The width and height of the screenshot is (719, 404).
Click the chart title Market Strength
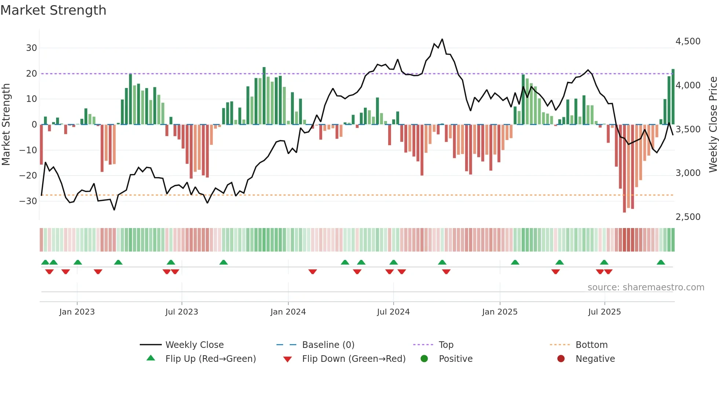tap(53, 10)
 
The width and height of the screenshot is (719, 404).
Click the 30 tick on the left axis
tap(32, 48)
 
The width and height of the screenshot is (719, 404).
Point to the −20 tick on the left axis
tap(28, 176)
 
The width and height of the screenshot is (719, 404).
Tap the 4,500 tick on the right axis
tap(688, 41)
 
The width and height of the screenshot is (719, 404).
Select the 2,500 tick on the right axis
tap(688, 217)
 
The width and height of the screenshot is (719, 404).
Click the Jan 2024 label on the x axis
tap(288, 312)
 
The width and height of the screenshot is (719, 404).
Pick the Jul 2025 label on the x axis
tap(604, 312)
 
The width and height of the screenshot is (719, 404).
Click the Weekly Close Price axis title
tap(713, 125)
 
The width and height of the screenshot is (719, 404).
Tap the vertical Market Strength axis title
tap(6, 125)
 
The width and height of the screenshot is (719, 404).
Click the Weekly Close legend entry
tap(194, 345)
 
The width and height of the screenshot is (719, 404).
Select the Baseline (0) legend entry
tap(328, 345)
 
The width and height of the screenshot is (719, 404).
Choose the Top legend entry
tap(446, 345)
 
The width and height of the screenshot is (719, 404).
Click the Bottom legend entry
tap(591, 345)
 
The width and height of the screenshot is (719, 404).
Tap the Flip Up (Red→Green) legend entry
tap(210, 359)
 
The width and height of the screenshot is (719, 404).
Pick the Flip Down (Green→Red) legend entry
tap(354, 359)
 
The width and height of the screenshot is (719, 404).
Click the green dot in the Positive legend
tap(424, 359)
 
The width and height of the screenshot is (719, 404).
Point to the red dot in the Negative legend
tap(561, 359)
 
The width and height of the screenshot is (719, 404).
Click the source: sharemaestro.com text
tap(646, 287)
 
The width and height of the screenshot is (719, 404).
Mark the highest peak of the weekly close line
tap(442, 39)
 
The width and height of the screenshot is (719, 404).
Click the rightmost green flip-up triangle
tap(661, 262)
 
